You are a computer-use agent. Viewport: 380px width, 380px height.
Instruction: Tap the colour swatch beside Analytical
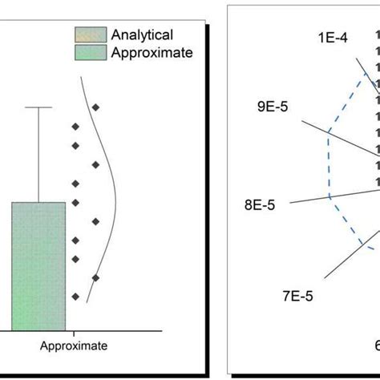click(x=86, y=35)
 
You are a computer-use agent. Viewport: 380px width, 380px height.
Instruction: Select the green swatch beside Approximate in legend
click(x=86, y=53)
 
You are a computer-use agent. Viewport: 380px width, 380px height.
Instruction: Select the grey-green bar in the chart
click(x=38, y=265)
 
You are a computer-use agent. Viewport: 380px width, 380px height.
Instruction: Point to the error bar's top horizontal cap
click(x=38, y=107)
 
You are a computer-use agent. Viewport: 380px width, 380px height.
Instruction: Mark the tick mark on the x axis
click(x=73, y=333)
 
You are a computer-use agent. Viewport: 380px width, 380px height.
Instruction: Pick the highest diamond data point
click(x=95, y=107)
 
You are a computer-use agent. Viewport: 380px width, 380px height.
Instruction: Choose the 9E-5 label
click(x=273, y=106)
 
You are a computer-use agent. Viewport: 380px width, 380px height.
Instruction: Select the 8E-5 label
click(x=259, y=204)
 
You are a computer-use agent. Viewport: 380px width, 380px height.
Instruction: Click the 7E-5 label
click(x=297, y=296)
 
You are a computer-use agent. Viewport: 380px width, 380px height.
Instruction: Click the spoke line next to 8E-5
click(x=321, y=198)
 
